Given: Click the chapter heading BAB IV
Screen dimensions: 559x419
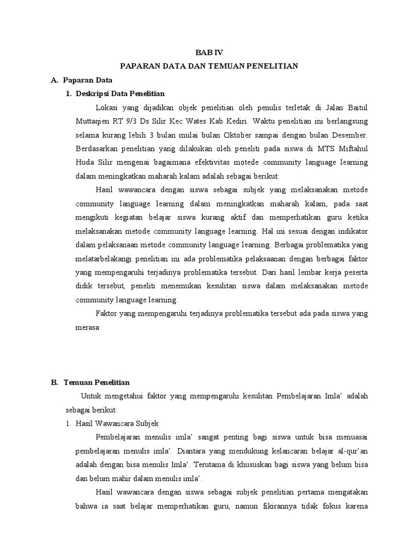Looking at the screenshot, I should (209, 53).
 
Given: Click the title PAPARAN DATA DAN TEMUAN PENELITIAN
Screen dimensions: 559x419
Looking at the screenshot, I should (209, 66).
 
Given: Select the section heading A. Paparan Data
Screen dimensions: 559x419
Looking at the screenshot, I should (81, 80).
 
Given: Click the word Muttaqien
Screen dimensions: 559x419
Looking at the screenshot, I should (93, 121).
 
